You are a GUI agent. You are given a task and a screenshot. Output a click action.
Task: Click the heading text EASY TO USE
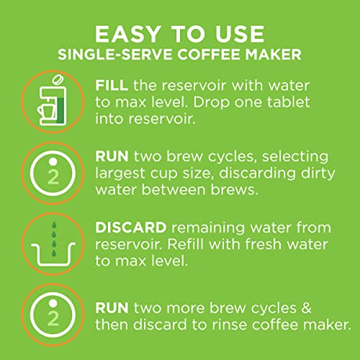click(179, 35)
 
